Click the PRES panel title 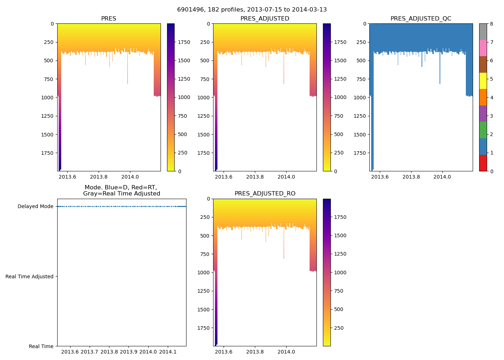[x=108, y=19]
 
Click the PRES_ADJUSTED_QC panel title [x=421, y=19]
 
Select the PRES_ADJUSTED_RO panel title [x=265, y=194]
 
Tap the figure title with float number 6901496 [x=252, y=10]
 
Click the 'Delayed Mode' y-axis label [x=35, y=206]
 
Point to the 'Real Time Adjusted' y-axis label [x=30, y=276]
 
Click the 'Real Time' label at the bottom [x=41, y=346]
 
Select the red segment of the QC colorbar [x=483, y=163]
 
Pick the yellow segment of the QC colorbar [x=483, y=81]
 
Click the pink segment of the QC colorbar [x=483, y=48]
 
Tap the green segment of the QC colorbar [x=483, y=130]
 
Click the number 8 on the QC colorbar [x=491, y=24]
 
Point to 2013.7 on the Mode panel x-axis [x=89, y=352]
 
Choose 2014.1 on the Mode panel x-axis [x=168, y=352]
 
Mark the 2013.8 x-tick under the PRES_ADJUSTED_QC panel [x=411, y=177]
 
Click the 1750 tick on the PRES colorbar [x=184, y=42]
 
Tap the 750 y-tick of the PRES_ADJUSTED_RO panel [x=205, y=254]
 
